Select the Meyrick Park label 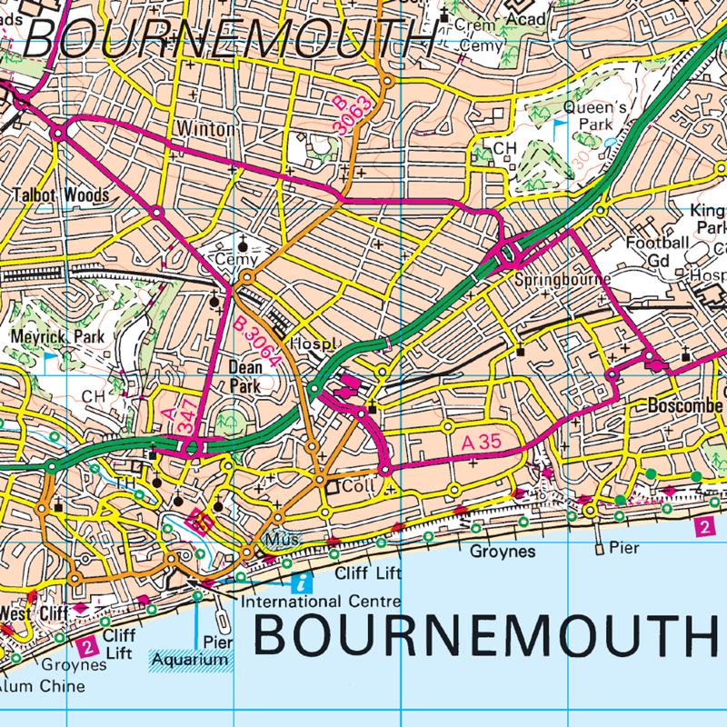[57, 337]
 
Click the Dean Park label [246, 376]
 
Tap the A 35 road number [482, 443]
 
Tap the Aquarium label [191, 659]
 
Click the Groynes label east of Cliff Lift [503, 552]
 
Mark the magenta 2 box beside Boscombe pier [705, 526]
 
